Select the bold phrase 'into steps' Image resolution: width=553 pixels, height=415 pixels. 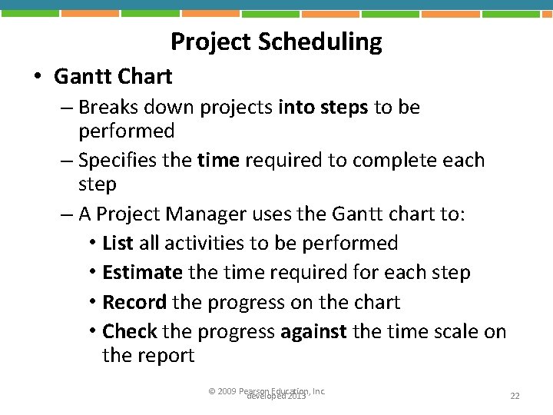(323, 107)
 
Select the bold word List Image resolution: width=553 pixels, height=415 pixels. (118, 244)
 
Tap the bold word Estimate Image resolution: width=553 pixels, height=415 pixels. (142, 272)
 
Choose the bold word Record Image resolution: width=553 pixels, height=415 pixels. (135, 302)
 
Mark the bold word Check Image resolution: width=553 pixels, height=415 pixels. (129, 331)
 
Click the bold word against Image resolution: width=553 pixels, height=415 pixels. (313, 331)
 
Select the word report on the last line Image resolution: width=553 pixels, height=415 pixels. (167, 355)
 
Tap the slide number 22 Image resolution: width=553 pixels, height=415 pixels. (515, 396)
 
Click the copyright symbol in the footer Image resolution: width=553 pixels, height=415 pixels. (212, 391)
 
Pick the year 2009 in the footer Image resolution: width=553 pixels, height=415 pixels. (227, 391)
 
